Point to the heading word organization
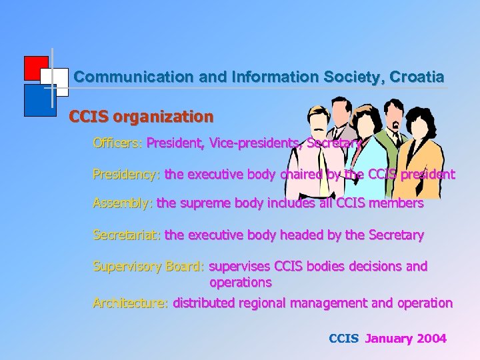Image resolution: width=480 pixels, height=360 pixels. pos(163,117)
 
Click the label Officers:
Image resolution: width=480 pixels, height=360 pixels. pos(118,143)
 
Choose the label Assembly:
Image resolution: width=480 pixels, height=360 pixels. pos(123,203)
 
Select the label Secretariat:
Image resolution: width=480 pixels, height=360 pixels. pos(127,235)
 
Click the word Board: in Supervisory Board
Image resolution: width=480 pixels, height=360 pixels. pos(185,267)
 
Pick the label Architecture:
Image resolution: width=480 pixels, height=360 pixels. pos(131,303)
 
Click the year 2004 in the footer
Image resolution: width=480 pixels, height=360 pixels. pos(432,339)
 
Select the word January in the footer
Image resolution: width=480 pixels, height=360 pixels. pos(389,339)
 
